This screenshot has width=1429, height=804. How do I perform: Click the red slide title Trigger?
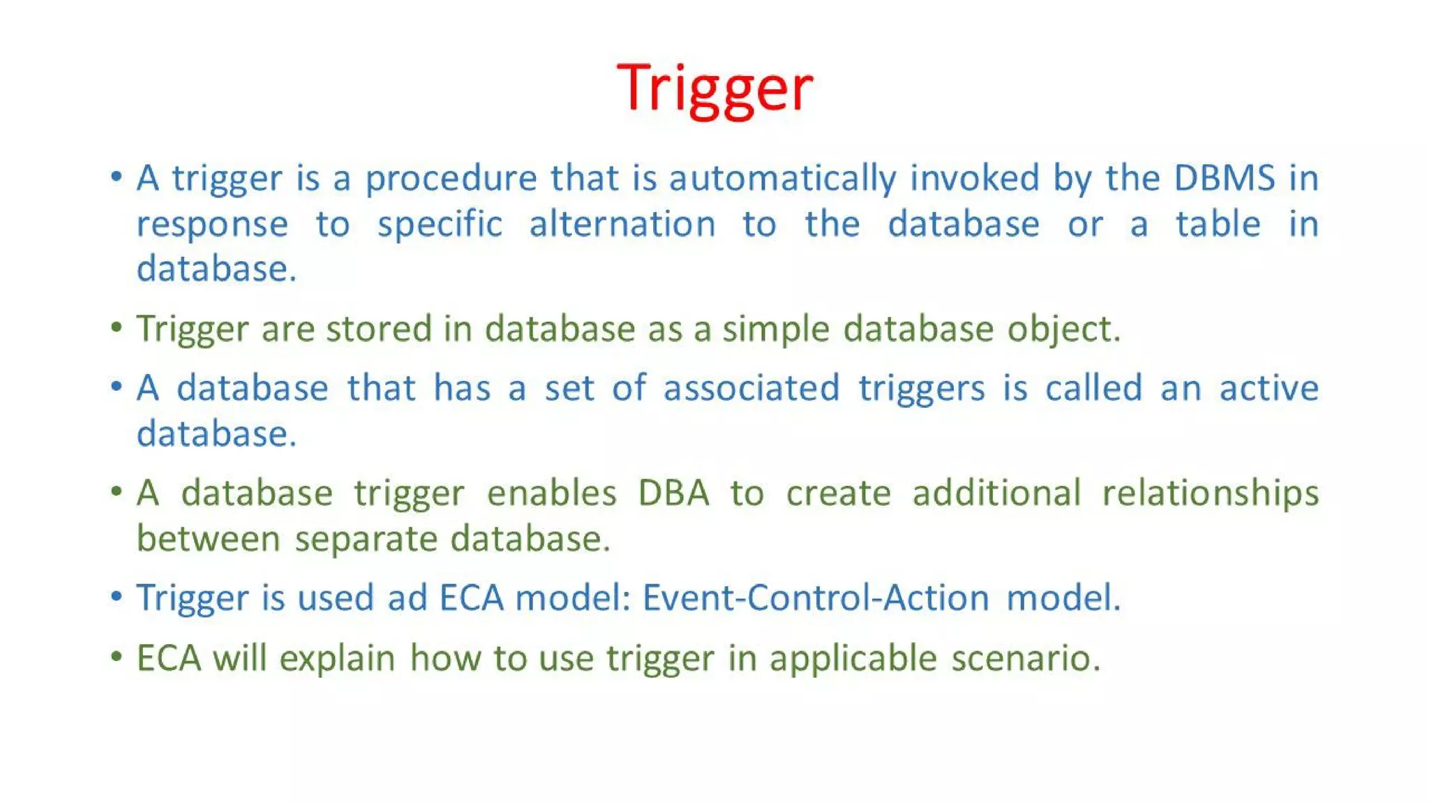point(714,89)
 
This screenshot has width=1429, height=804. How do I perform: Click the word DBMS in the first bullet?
point(1225,178)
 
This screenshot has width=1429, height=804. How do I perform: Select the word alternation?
point(622,225)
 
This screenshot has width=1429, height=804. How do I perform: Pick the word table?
point(1218,225)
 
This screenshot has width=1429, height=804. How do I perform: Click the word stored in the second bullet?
point(379,329)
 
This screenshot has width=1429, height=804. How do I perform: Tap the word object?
point(1063,330)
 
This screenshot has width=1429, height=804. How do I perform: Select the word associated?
point(751,388)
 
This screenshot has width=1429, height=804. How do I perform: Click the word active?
point(1269,388)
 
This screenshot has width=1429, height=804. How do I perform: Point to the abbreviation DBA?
point(673,493)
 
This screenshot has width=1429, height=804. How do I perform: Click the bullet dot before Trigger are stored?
point(117,327)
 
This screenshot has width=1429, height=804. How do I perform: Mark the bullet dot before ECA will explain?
point(117,657)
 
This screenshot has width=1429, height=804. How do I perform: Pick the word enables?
point(551,493)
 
